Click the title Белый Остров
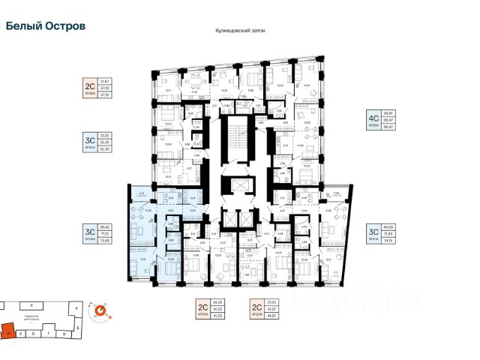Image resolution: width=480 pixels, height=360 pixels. [45, 25]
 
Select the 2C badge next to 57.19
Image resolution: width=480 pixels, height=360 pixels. [90, 88]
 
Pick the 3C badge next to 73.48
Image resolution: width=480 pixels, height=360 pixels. [90, 232]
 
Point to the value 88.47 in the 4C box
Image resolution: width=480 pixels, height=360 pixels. [389, 127]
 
